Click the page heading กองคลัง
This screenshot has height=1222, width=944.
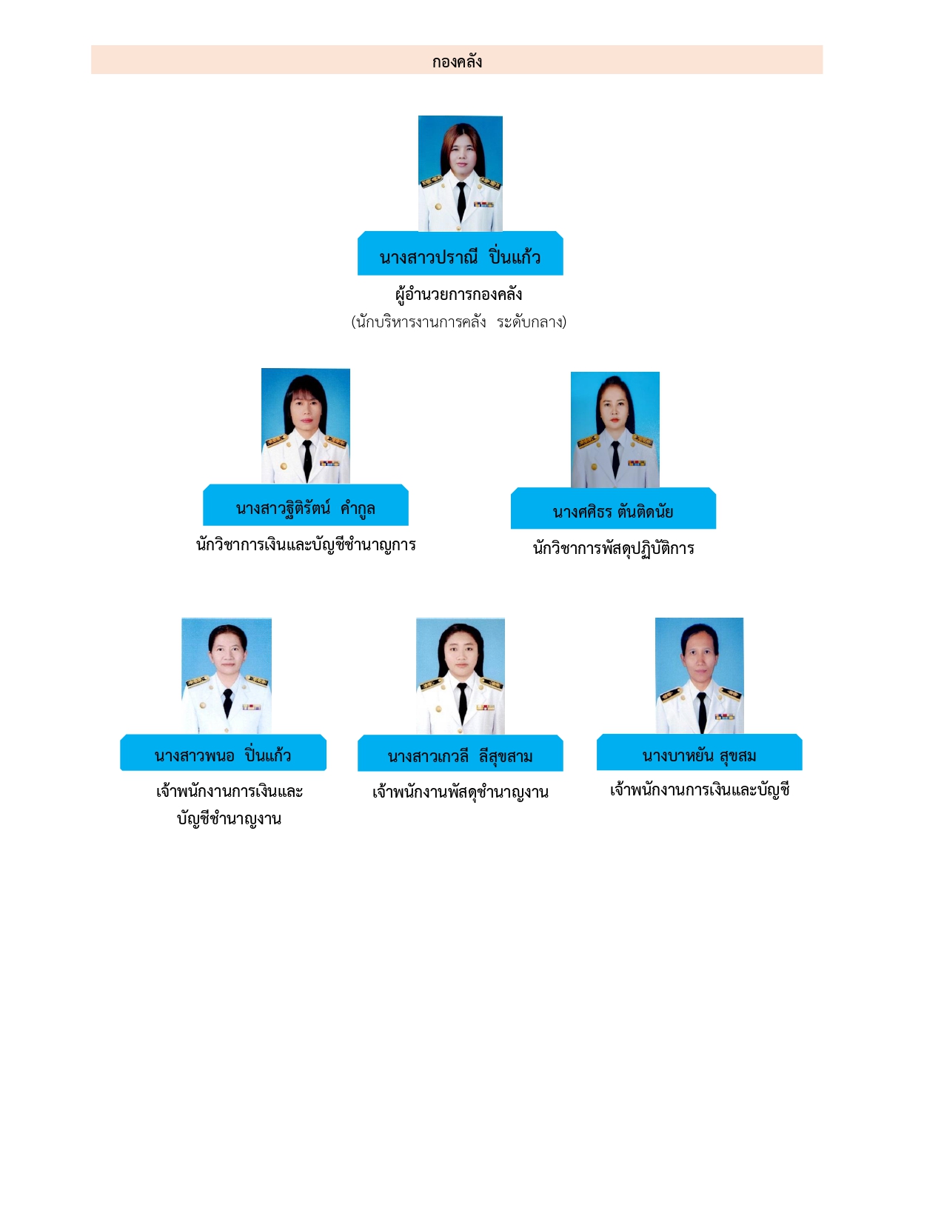[457, 61]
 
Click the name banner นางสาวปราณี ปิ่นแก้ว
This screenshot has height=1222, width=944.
[460, 256]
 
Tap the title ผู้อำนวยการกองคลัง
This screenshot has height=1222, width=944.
[459, 294]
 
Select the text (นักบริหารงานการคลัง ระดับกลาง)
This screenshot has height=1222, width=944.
[458, 322]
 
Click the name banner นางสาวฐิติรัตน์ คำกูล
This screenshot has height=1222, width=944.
[305, 507]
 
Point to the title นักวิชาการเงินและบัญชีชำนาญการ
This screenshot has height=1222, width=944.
[306, 544]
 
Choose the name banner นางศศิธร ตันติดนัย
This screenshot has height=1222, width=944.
[613, 510]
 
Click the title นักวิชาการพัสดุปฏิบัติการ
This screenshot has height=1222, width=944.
[614, 548]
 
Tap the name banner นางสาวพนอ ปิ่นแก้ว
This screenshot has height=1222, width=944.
[223, 755]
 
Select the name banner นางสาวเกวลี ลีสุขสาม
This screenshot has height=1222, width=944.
[460, 755]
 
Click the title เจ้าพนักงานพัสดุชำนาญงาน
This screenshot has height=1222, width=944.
[460, 792]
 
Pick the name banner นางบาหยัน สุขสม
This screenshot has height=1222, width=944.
[699, 755]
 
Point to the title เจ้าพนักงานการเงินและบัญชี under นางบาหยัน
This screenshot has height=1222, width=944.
[700, 789]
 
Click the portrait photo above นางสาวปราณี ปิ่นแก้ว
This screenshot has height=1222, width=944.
[460, 173]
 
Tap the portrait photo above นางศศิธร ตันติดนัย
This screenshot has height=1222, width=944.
[615, 430]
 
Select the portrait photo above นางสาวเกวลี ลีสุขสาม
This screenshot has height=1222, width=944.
[460, 675]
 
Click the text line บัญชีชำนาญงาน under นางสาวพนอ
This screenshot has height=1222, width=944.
[229, 818]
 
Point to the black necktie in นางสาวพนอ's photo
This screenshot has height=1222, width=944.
[227, 701]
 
